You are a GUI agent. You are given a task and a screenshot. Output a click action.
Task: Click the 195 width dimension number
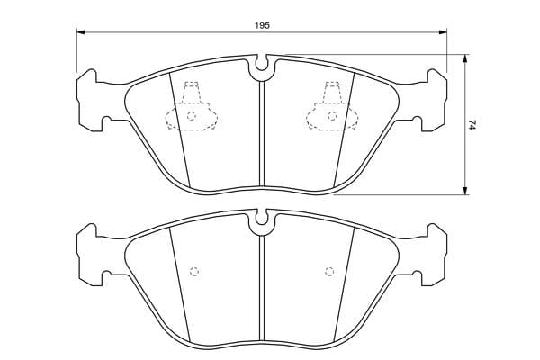click(x=262, y=25)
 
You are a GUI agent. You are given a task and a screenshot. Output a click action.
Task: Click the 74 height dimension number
click(x=472, y=125)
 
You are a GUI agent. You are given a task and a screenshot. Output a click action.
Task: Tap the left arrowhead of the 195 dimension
click(x=81, y=32)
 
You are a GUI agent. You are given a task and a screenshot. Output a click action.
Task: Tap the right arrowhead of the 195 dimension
click(x=443, y=32)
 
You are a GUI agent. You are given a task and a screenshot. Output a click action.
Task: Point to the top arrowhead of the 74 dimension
click(x=465, y=58)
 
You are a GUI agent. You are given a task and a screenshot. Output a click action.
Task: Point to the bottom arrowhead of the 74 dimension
click(x=465, y=191)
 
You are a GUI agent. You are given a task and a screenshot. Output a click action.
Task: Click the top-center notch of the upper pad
click(x=262, y=63)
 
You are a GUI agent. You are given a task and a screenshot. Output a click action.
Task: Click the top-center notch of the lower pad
click(x=262, y=218)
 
